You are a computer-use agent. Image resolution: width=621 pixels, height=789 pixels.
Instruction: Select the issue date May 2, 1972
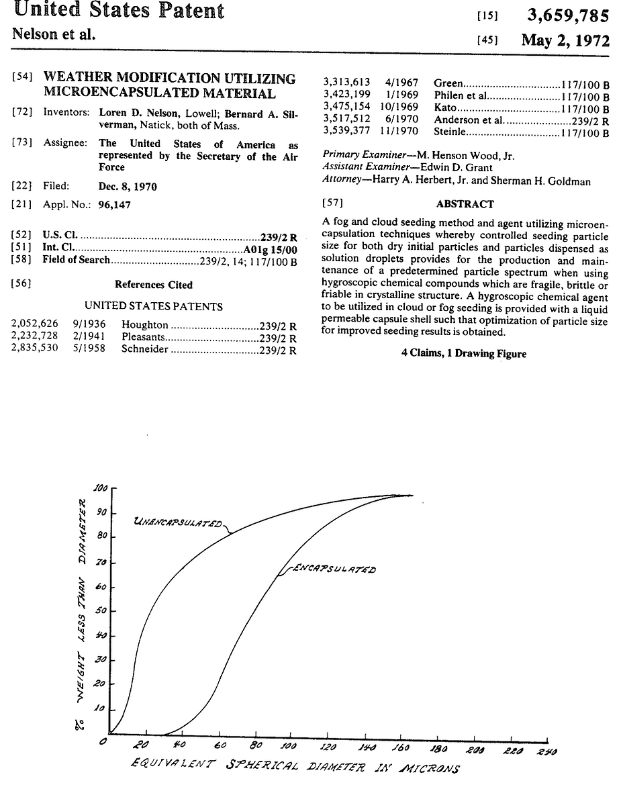565,40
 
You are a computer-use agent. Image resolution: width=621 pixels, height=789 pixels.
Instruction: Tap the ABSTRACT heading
465,204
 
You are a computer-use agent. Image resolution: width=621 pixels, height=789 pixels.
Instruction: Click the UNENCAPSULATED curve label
178,521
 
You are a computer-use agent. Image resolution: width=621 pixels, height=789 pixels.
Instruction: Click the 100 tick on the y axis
101,488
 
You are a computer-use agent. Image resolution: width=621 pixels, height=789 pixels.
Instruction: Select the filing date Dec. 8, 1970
128,187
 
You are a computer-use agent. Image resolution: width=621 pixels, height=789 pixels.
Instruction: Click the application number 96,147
115,205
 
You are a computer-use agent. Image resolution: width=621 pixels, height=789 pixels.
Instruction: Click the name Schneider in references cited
145,349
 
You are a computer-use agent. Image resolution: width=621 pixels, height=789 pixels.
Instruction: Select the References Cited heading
153,285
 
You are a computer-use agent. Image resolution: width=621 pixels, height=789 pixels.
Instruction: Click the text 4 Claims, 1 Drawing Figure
464,353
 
